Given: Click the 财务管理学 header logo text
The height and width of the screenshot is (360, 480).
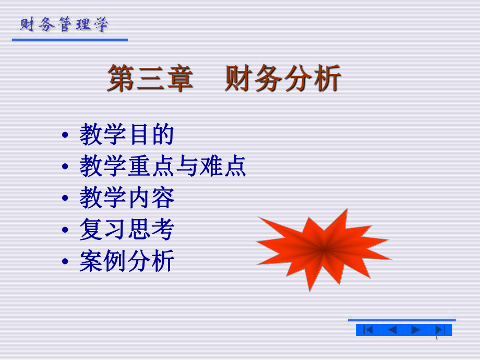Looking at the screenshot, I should click(65, 25).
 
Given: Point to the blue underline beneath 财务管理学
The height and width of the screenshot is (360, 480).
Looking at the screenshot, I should click(70, 40).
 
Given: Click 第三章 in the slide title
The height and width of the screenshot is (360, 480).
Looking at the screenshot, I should click(151, 79).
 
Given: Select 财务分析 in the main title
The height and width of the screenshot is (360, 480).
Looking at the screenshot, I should click(283, 79).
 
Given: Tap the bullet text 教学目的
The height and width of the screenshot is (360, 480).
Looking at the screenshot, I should click(126, 135).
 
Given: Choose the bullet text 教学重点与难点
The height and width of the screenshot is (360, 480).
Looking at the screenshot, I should click(163, 167).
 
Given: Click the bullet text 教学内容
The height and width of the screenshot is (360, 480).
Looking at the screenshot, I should click(126, 198).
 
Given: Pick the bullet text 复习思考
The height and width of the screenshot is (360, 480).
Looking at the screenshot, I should click(126, 230).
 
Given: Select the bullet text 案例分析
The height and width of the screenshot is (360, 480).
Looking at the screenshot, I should click(126, 261).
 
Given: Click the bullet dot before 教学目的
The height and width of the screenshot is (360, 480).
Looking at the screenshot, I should click(65, 136).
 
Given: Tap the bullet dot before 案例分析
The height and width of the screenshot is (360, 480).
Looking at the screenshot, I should click(65, 262).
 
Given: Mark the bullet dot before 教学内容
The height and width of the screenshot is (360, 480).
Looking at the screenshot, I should click(65, 199).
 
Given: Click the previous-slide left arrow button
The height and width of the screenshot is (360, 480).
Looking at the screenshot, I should click(392, 330).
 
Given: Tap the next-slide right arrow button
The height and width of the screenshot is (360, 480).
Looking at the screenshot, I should click(416, 330).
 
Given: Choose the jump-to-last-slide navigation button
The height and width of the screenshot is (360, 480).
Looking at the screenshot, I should click(439, 330).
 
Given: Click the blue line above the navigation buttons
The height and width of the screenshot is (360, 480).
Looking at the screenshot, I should click(402, 320).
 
